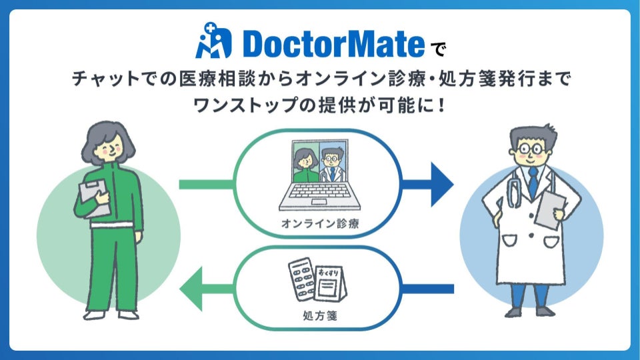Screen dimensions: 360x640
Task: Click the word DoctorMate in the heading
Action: (x=333, y=44)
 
